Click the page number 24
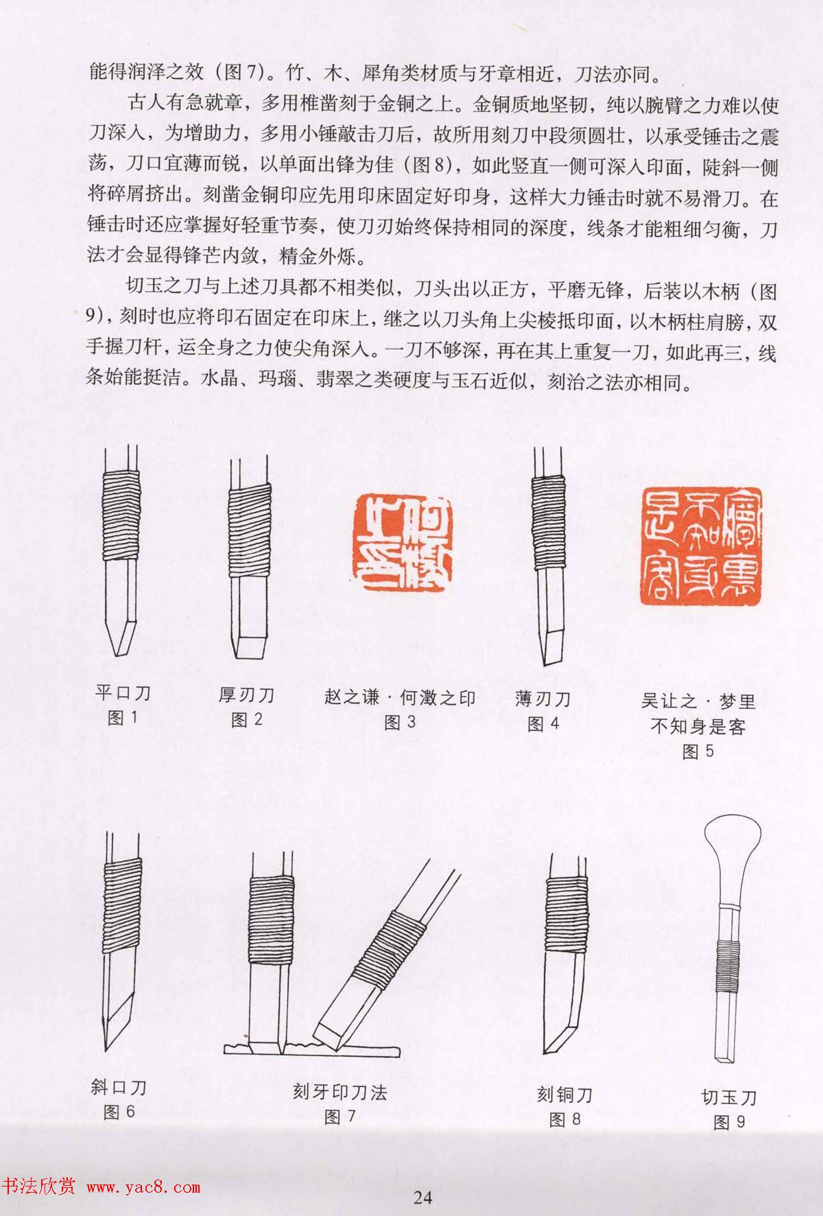[x=422, y=1197]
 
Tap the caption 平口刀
[x=122, y=692]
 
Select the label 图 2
[x=247, y=719]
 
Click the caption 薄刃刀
[x=542, y=699]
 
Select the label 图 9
[x=728, y=1123]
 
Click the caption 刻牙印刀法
[x=339, y=1091]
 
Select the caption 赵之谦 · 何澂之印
[x=400, y=698]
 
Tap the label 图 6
[x=119, y=1112]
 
